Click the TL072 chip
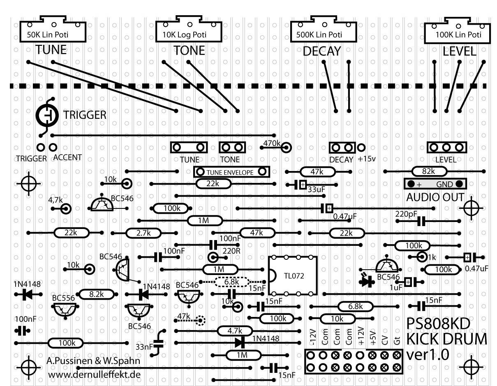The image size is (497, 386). [293, 275]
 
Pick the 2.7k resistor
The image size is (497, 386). [143, 233]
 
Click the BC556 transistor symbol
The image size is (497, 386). [66, 310]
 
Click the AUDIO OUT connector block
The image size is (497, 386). [436, 184]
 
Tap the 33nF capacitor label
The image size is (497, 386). [144, 347]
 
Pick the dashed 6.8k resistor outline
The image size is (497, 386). [232, 282]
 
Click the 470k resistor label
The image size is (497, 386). [271, 143]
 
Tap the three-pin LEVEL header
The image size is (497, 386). [446, 147]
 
